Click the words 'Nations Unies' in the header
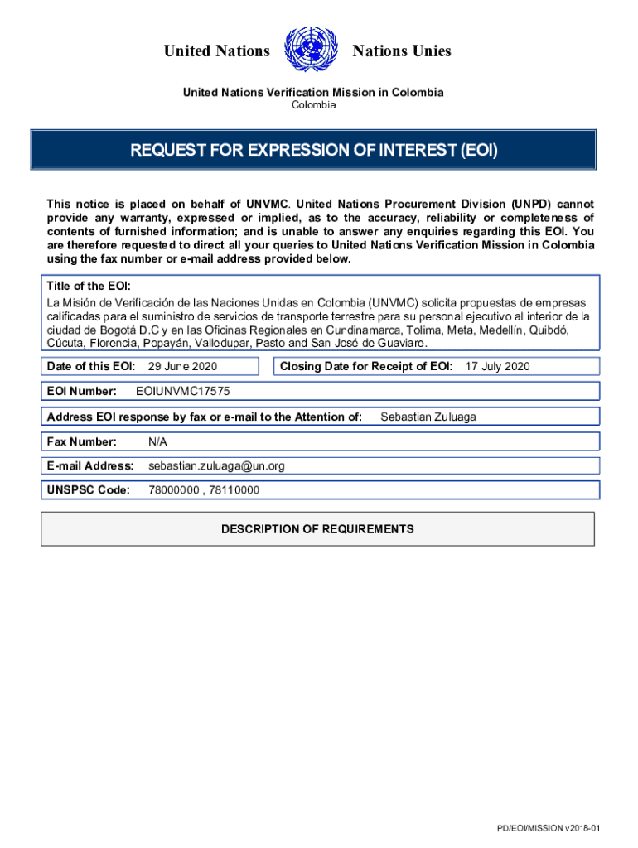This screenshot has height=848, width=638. [402, 51]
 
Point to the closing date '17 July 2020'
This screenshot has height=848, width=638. [497, 366]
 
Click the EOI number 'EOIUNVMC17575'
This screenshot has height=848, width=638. [182, 391]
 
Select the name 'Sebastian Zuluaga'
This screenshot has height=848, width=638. [428, 417]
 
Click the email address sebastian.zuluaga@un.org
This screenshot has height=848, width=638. [216, 466]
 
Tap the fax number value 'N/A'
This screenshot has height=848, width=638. [157, 442]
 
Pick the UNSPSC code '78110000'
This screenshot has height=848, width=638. [234, 490]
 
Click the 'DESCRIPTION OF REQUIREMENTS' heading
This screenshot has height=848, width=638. [317, 529]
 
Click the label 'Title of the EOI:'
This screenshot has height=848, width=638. [87, 287]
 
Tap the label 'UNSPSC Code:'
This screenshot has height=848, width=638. [89, 490]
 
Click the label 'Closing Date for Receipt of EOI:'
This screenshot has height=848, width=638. [366, 366]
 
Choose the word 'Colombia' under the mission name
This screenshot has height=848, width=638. [313, 105]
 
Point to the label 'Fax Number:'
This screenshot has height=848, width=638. [82, 442]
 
